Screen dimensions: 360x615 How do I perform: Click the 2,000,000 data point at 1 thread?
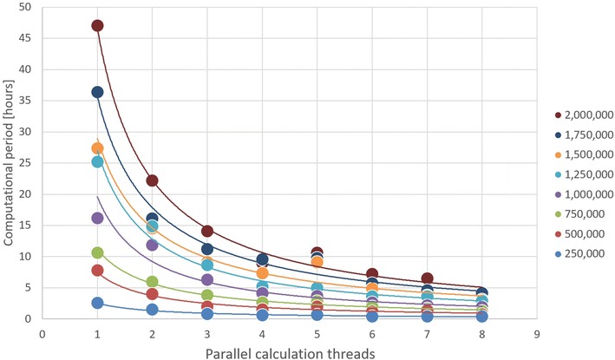[97, 25]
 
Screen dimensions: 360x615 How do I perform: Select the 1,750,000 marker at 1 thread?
[97, 92]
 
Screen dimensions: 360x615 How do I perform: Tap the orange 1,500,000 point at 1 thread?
[97, 148]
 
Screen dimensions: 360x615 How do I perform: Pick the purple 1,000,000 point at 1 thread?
[97, 218]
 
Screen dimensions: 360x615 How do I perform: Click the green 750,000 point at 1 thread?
[97, 252]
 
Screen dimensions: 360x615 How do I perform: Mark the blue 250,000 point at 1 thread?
[97, 303]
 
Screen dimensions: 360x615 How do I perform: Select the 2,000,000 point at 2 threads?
[152, 180]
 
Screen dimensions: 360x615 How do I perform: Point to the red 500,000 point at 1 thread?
[97, 271]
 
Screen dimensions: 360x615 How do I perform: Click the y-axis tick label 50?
[26, 7]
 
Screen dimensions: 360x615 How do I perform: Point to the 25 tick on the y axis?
[26, 163]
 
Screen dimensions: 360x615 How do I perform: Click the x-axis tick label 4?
[262, 331]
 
